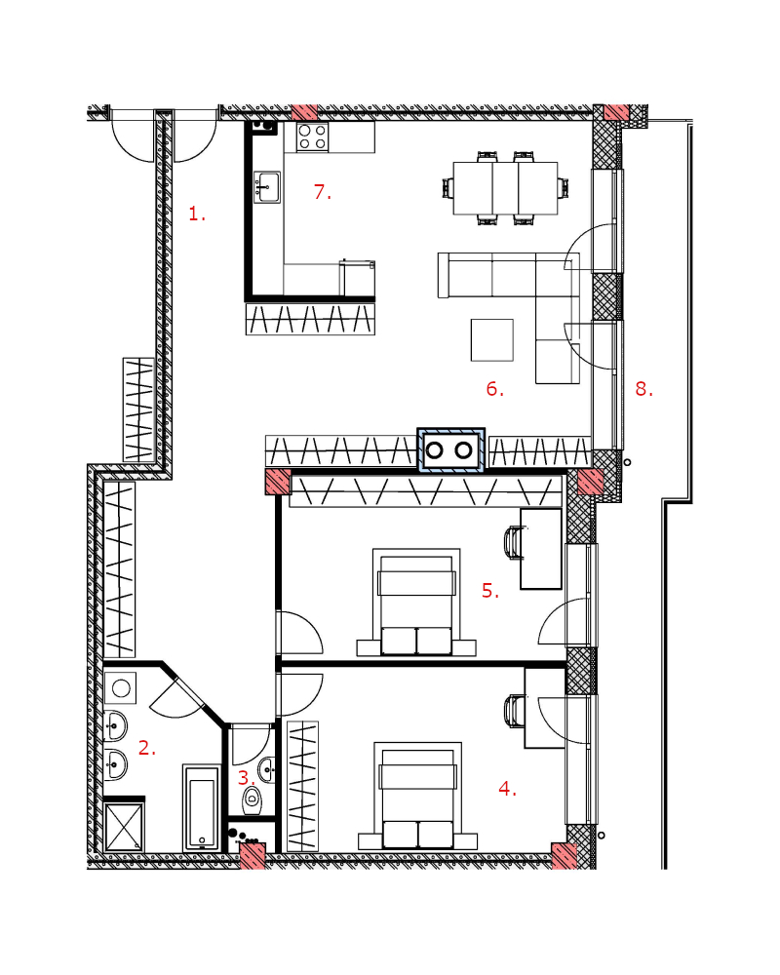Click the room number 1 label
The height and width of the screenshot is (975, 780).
click(x=197, y=214)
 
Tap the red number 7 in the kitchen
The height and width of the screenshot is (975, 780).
click(x=322, y=192)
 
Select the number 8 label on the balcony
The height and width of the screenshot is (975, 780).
click(x=643, y=389)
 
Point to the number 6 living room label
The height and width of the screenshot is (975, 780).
click(x=494, y=389)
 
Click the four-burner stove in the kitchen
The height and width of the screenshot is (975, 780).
click(x=312, y=137)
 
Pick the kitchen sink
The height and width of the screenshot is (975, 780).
click(x=267, y=187)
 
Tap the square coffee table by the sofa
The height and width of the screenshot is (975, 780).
click(x=492, y=340)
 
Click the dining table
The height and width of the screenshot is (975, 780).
click(x=505, y=188)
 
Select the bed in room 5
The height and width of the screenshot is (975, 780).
click(x=416, y=602)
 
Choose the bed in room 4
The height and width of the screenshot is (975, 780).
click(x=418, y=796)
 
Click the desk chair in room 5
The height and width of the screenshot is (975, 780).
click(x=513, y=542)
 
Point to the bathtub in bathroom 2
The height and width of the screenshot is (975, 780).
click(x=202, y=807)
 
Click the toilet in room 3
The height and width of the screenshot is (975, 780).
click(x=253, y=799)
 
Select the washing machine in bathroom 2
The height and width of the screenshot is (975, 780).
click(x=121, y=687)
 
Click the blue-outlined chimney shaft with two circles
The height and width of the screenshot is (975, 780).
click(x=450, y=449)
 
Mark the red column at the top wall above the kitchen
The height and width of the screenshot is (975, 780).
click(x=305, y=112)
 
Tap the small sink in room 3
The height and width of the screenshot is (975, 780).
click(x=267, y=770)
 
